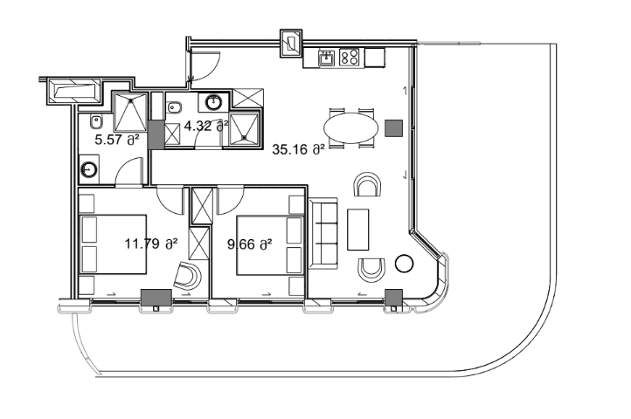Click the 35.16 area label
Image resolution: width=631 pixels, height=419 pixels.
point(298,149)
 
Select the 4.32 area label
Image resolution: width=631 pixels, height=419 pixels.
point(206,125)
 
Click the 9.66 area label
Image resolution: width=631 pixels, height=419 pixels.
point(249,244)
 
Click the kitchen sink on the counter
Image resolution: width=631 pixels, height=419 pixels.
point(326,58)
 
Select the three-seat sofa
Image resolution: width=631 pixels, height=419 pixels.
point(323,233)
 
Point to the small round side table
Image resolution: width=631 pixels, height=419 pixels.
point(404,263)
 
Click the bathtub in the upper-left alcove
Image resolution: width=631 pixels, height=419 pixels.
point(77,90)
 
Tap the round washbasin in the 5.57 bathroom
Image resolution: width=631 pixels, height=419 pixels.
point(89,168)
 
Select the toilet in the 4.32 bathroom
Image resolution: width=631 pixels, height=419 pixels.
point(174,109)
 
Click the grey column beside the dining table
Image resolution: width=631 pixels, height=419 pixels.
point(393,127)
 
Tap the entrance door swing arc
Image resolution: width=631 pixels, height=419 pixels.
point(206,63)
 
